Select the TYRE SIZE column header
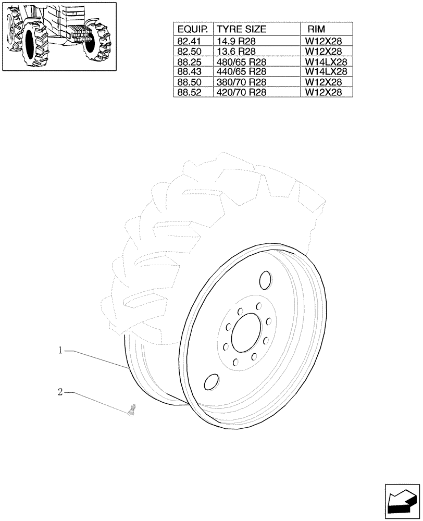tap(241, 29)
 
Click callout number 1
tap(60, 351)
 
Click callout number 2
tap(60, 392)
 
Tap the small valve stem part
tap(131, 410)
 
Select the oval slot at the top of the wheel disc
tap(265, 280)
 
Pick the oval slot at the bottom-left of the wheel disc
tap(211, 382)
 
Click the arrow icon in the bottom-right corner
tap(402, 501)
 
